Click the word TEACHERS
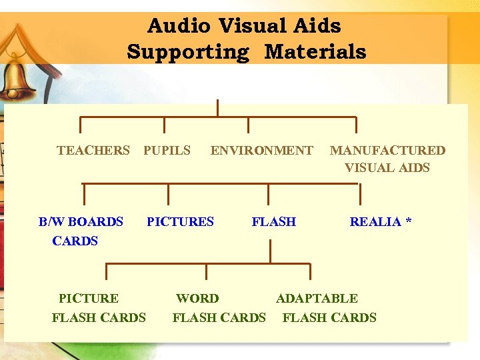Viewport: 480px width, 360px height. [x=93, y=151]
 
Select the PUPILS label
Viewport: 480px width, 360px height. [x=167, y=151]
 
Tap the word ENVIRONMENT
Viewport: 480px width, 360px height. [x=261, y=151]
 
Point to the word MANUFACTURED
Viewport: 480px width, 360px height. [x=387, y=151]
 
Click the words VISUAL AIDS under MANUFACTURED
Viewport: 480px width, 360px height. [x=387, y=168]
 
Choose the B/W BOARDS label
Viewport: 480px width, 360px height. [x=81, y=221]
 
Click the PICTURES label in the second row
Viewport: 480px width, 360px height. [x=180, y=221]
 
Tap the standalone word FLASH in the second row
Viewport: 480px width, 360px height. [x=273, y=221]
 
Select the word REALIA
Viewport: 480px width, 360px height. [x=375, y=221]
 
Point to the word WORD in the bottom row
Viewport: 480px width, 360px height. [x=197, y=299]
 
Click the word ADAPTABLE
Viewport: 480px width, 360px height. [x=317, y=299]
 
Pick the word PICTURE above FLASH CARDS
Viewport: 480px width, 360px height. [x=89, y=299]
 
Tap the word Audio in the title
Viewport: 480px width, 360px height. [x=177, y=27]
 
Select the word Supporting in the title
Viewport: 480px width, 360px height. [x=188, y=52]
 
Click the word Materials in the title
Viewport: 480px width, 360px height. [x=315, y=52]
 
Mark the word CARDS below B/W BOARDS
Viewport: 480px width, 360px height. [x=75, y=241]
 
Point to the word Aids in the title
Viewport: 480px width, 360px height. [x=317, y=27]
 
